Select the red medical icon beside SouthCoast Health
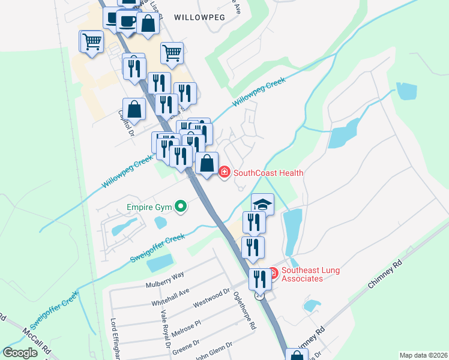pyautogui.click(x=224, y=173)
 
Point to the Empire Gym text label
pyautogui.click(x=149, y=208)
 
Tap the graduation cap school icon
pyautogui.click(x=262, y=204)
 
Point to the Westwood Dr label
pyautogui.click(x=212, y=298)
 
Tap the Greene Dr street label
pyautogui.click(x=185, y=347)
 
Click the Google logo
pyautogui.click(x=20, y=353)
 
